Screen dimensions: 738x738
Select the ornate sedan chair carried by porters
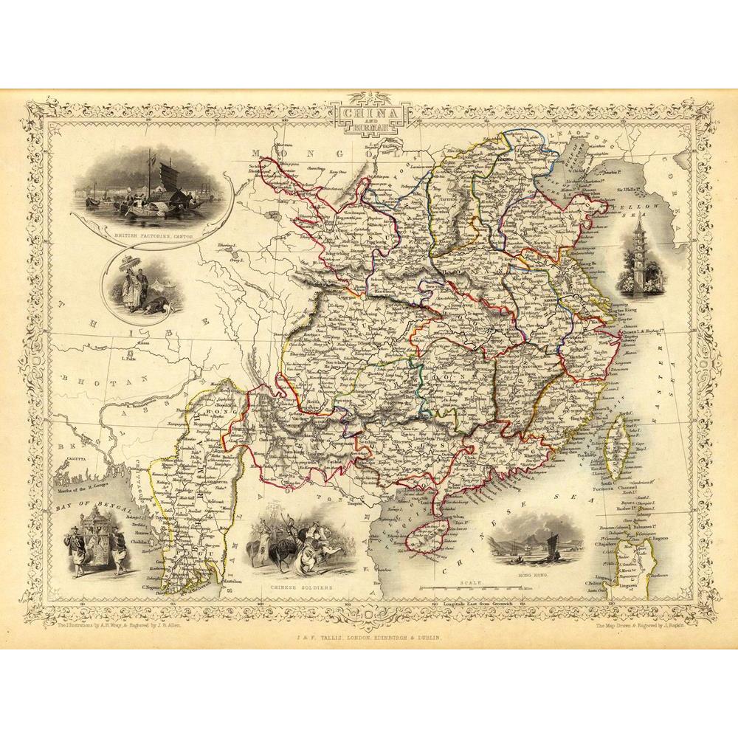(94, 539)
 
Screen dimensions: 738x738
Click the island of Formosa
(614, 450)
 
